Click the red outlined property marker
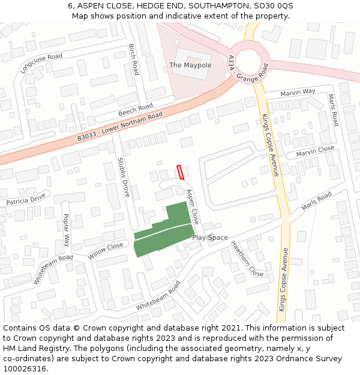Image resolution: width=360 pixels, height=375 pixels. [x=180, y=172]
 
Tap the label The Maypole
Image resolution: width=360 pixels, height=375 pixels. [x=190, y=65]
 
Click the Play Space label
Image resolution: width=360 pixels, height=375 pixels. [x=210, y=238]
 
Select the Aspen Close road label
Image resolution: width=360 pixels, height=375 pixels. [x=193, y=207]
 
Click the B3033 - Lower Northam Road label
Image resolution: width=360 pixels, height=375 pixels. [x=120, y=127]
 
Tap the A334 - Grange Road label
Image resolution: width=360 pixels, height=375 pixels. [x=248, y=68]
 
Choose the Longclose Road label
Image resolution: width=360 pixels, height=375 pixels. [x=41, y=64]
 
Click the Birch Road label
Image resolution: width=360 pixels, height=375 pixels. [x=134, y=59]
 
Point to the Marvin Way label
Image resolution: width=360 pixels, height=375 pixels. [x=298, y=92]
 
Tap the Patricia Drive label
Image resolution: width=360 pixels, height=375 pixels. [x=26, y=199]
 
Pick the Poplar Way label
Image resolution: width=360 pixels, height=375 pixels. [x=66, y=230]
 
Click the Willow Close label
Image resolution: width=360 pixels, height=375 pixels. [x=106, y=250]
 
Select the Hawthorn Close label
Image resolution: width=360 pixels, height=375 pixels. [x=248, y=259]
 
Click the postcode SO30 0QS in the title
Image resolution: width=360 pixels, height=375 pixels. [x=277, y=5]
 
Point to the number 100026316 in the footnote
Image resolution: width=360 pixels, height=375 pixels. [x=25, y=368]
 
